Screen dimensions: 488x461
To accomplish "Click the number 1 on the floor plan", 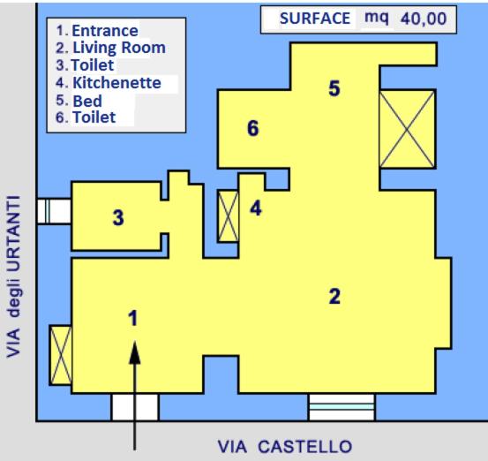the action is (x=133, y=318).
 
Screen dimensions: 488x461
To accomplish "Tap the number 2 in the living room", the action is (x=334, y=296).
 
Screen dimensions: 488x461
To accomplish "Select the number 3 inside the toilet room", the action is (x=118, y=217).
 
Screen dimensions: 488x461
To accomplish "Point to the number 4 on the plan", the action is (x=256, y=208).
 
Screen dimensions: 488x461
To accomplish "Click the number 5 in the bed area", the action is (x=334, y=88).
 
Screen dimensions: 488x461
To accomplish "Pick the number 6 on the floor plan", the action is (x=252, y=128).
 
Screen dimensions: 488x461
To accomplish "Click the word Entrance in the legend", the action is (x=105, y=31).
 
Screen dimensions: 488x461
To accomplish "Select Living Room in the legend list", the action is (x=119, y=48).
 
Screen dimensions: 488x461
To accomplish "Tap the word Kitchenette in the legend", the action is (x=116, y=82).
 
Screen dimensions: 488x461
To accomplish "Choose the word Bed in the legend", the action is (x=87, y=101).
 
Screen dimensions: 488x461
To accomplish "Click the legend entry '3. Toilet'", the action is (x=85, y=65).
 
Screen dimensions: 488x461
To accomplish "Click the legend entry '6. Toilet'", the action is (x=86, y=117).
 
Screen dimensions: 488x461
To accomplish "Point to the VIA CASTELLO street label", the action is (x=285, y=447).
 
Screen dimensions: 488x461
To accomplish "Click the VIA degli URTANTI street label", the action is (x=13, y=276).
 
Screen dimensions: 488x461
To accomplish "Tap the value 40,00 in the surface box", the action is (x=424, y=19).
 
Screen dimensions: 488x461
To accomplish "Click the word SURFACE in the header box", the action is (x=315, y=19).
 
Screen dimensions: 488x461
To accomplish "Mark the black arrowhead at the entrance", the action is (x=135, y=352).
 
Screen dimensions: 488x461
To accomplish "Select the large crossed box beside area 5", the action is (x=407, y=129).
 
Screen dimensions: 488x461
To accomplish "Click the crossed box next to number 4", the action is (x=229, y=216).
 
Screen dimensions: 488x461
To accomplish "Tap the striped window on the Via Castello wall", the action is (x=342, y=407).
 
